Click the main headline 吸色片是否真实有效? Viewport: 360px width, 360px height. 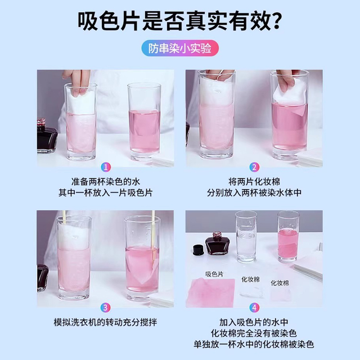pos(179,21)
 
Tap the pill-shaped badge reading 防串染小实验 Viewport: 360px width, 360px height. pos(180,48)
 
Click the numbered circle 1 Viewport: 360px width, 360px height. pos(106,168)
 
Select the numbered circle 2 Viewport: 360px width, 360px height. pos(254,168)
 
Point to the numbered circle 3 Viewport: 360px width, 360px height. pos(105,308)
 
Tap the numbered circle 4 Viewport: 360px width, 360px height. pos(254,308)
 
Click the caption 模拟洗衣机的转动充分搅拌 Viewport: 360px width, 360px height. pos(105,322)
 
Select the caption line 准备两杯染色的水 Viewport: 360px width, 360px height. pos(106,182)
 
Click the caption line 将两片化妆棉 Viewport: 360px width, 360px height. pos(254,182)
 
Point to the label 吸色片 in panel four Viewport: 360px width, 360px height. pos(214,274)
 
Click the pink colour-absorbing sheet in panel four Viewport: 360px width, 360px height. pos(211,292)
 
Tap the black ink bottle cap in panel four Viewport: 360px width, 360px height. pos(199,250)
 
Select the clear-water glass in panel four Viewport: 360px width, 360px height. pos(246,237)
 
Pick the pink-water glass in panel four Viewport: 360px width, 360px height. pos(288,237)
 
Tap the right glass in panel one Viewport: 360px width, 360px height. pos(144,121)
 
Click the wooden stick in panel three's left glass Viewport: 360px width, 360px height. pos(65,218)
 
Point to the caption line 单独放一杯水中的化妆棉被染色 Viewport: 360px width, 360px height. pos(254,344)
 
